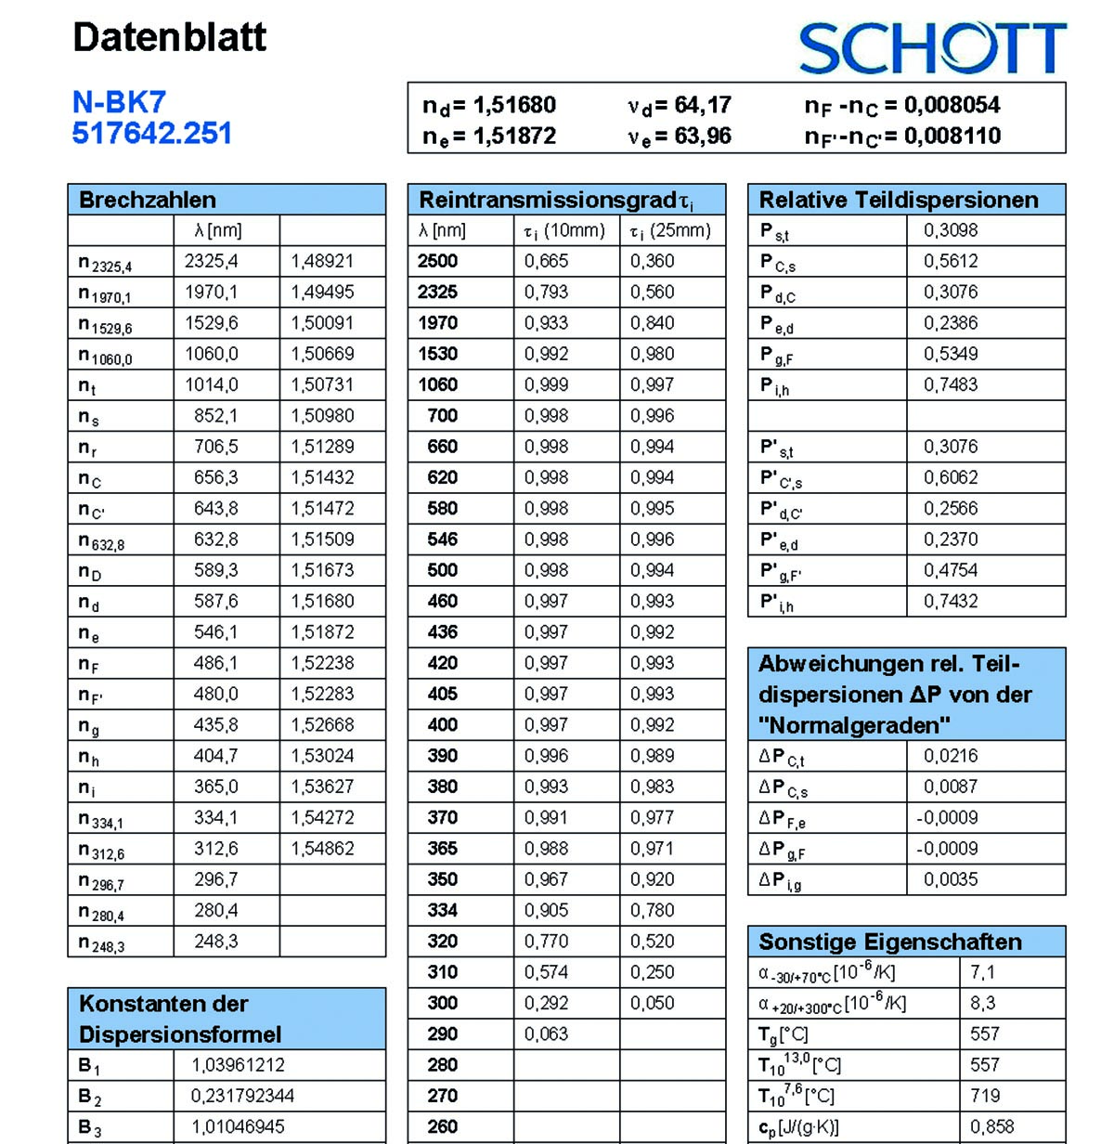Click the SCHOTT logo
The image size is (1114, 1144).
(932, 48)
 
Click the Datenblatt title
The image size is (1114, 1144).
(169, 38)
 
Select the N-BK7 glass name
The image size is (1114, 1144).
(119, 102)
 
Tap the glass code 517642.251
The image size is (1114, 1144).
(152, 134)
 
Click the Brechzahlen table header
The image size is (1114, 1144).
(148, 200)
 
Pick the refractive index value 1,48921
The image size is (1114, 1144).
(322, 261)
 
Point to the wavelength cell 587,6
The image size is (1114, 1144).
(215, 601)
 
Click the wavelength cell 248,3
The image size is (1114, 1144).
(215, 942)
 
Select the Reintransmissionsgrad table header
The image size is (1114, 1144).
(555, 200)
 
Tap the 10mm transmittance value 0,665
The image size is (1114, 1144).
(546, 261)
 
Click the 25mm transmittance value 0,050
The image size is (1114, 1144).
(652, 1003)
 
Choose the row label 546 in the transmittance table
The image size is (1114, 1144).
(442, 539)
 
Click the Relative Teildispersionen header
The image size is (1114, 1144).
(898, 200)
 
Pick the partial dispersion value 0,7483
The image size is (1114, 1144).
(950, 384)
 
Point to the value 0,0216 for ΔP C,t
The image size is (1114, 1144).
(950, 756)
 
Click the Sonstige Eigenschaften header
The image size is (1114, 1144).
(889, 942)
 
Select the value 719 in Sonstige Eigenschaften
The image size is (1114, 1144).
(985, 1096)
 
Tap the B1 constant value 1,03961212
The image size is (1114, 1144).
(238, 1065)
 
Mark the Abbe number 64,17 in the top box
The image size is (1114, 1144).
(703, 105)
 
